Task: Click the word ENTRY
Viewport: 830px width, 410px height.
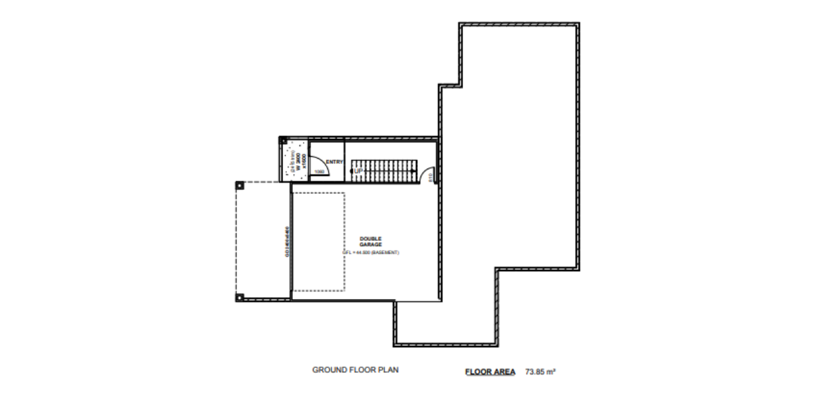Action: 335,162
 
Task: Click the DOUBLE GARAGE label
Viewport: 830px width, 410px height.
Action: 370,241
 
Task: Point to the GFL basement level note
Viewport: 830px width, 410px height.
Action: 370,253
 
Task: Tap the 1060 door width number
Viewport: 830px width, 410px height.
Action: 319,172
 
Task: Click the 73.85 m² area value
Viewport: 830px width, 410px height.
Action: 540,372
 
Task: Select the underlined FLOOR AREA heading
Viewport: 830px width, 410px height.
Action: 490,372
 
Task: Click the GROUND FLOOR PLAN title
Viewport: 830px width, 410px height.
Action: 355,370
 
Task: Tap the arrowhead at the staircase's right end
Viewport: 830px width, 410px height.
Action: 414,171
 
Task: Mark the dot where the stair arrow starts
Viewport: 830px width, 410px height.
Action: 353,171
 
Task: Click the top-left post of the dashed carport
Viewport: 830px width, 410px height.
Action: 239,185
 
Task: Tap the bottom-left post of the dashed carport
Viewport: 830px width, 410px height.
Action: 239,298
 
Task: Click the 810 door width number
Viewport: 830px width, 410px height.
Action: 431,177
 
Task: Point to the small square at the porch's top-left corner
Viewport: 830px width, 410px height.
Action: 283,140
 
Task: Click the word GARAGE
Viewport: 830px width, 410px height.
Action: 370,245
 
